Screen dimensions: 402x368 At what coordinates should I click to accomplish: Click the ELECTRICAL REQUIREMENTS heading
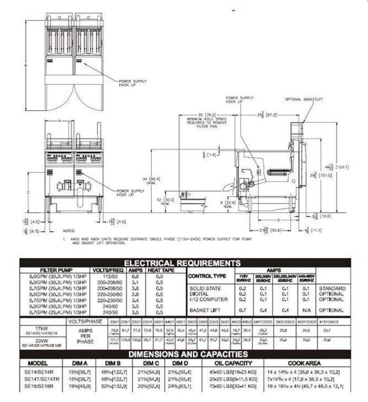click(x=181, y=263)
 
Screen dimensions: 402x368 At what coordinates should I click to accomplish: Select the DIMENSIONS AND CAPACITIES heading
click(x=181, y=353)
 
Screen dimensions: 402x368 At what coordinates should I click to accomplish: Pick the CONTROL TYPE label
click(x=207, y=276)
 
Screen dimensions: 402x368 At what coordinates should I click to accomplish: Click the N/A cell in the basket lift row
click(x=307, y=310)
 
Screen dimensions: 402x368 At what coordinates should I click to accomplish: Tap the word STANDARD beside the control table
click(x=332, y=288)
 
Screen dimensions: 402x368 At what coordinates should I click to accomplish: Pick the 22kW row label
click(x=37, y=340)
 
